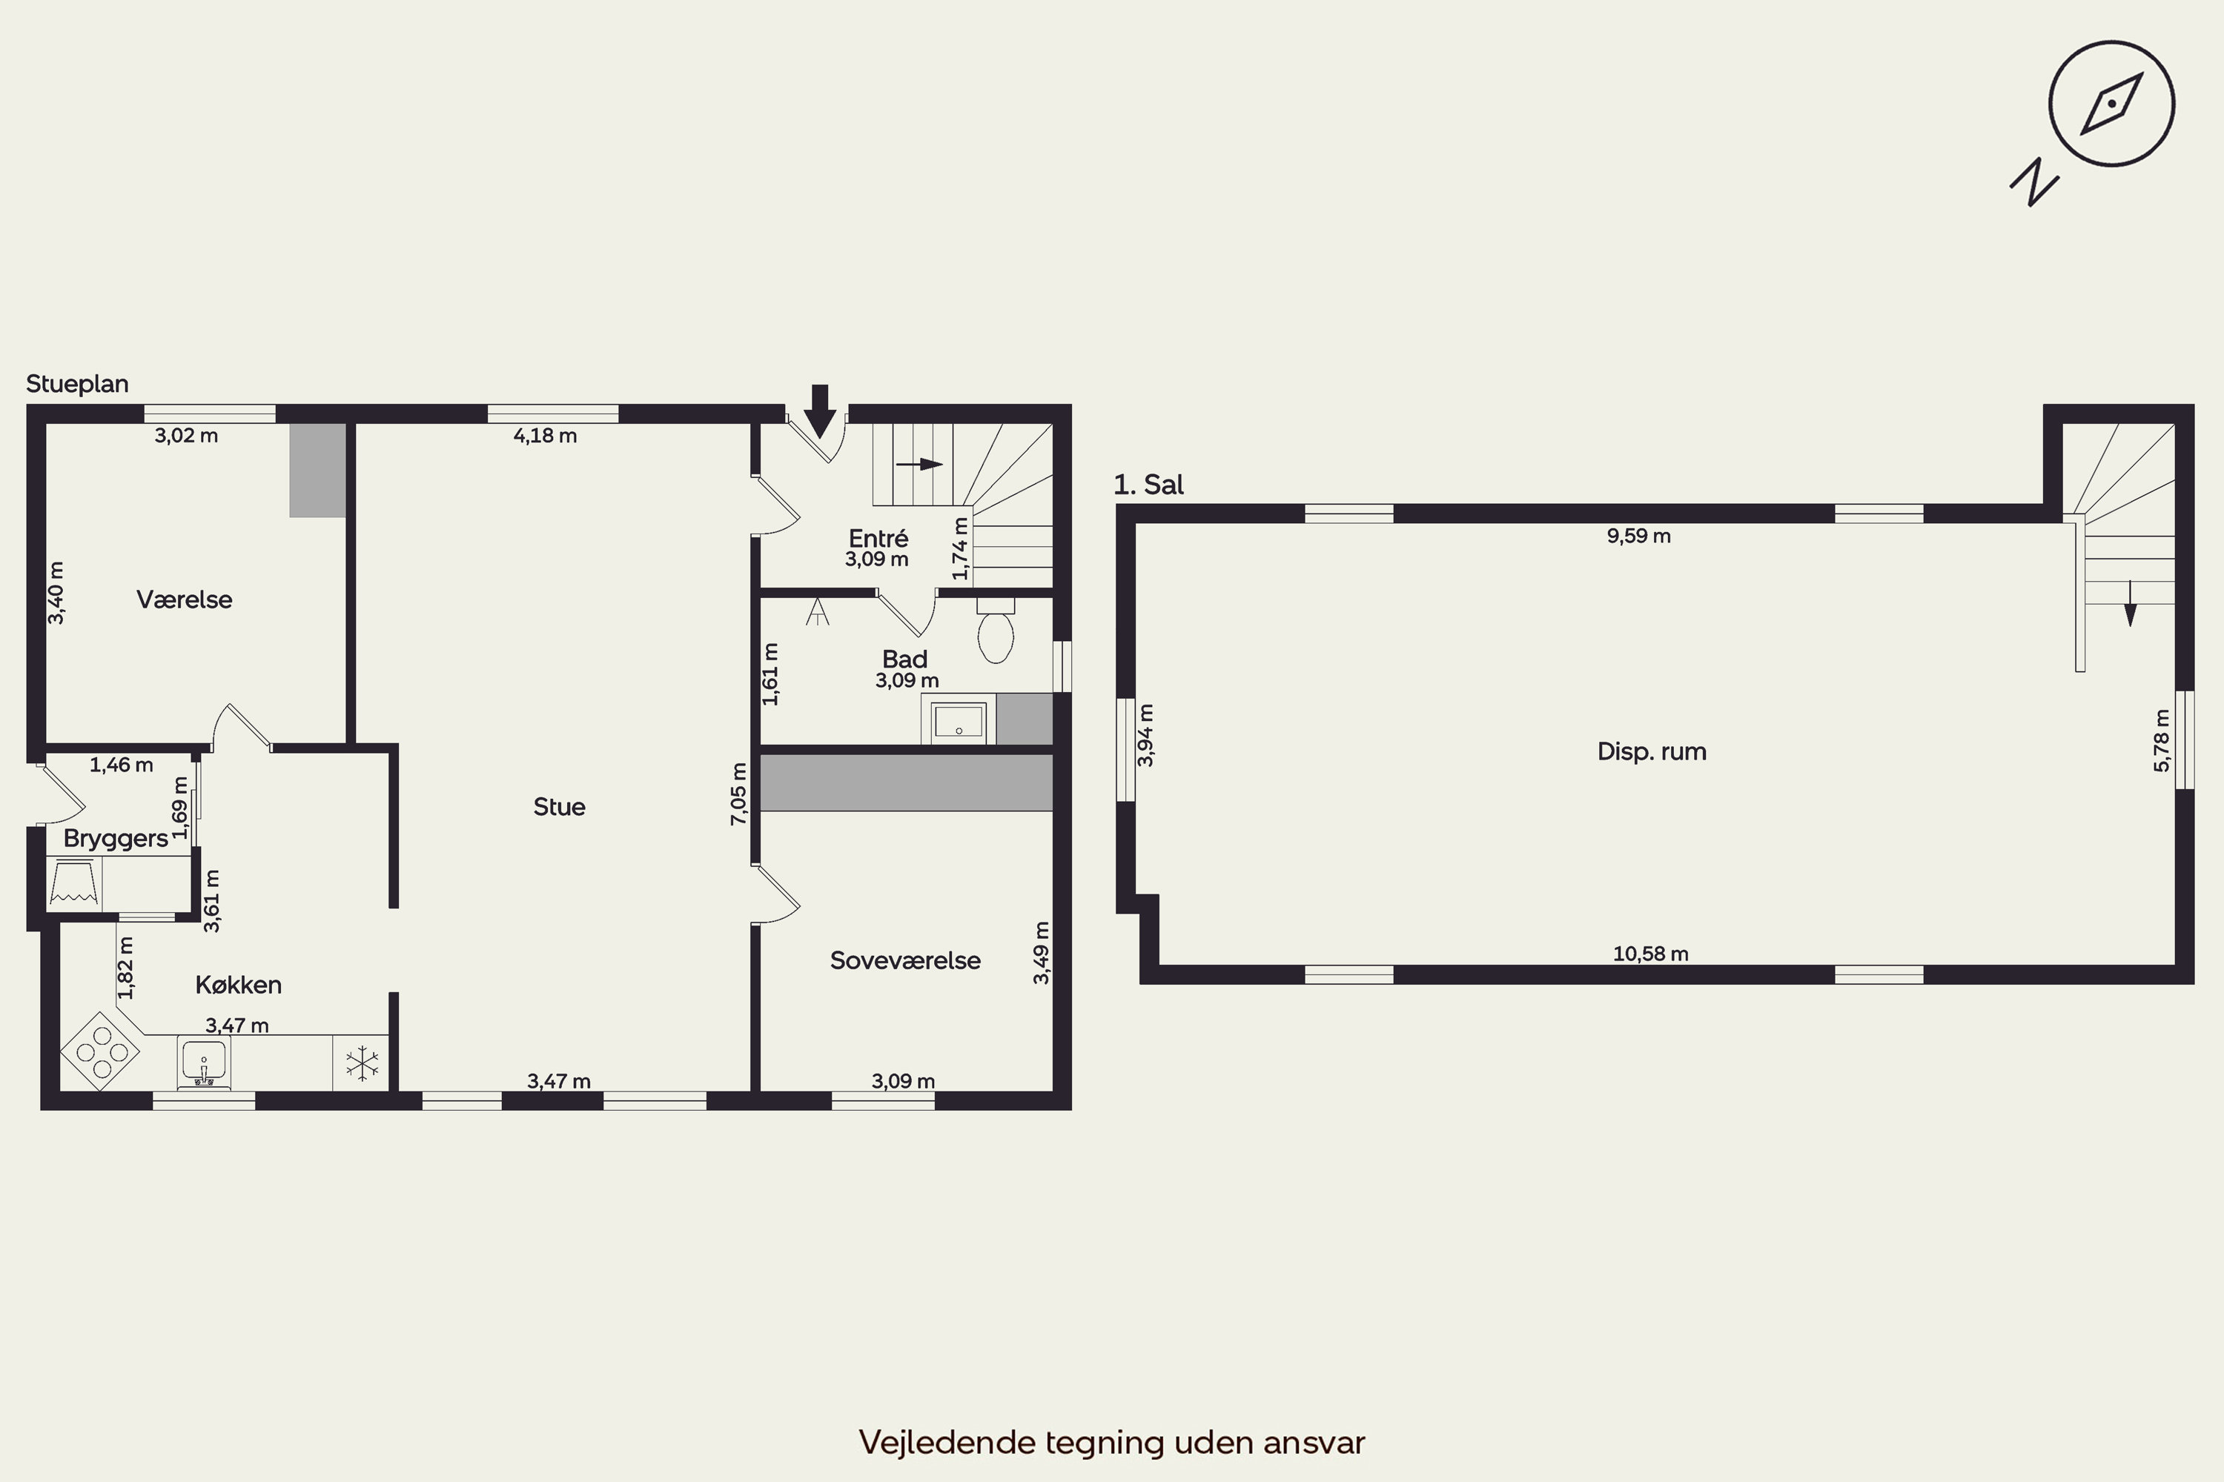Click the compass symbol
click(2111, 104)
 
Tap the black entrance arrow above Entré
click(820, 411)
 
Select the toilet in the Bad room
click(996, 631)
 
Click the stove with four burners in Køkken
click(100, 1051)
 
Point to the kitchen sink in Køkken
click(203, 1063)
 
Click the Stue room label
click(559, 806)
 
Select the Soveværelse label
click(905, 960)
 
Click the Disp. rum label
click(1652, 751)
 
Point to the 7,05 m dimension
click(738, 794)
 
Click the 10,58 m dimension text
click(1650, 954)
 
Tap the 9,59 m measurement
click(1638, 536)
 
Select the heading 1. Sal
click(1149, 485)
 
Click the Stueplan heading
click(78, 384)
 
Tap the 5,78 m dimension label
click(2162, 740)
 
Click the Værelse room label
click(185, 599)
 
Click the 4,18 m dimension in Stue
click(545, 436)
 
